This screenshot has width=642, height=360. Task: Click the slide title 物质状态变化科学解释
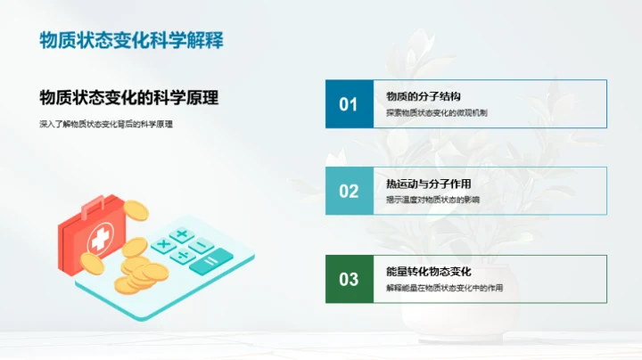click(131, 40)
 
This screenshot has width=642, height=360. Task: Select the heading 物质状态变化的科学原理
click(130, 98)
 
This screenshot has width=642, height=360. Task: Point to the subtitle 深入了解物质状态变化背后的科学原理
click(106, 124)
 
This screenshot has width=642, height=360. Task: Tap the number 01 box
click(349, 104)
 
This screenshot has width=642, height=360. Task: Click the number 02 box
click(349, 192)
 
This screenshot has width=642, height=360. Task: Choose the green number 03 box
click(349, 279)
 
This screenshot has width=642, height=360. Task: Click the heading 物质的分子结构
click(423, 96)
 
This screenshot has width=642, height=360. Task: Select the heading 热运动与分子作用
click(428, 184)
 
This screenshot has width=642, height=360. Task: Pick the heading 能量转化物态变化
click(428, 271)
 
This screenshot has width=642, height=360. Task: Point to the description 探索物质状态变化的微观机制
click(437, 113)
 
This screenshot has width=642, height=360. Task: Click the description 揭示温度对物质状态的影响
click(432, 200)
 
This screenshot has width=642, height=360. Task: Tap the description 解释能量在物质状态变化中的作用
click(444, 288)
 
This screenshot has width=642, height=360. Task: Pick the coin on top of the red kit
click(136, 210)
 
